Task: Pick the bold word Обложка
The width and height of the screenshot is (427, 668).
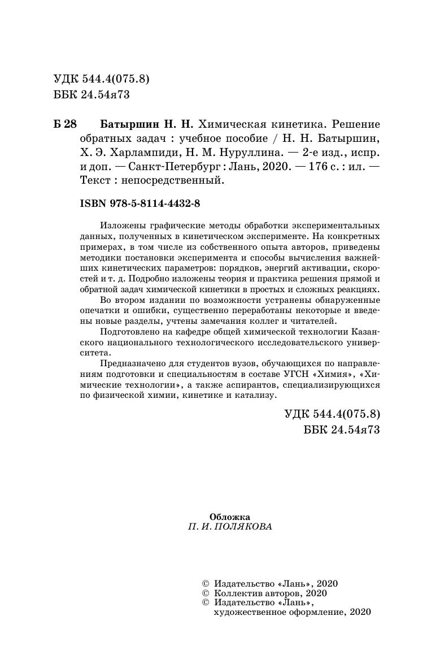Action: click(x=229, y=516)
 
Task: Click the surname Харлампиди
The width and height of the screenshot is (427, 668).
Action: click(x=146, y=153)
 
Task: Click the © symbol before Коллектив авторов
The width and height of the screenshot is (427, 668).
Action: click(x=205, y=593)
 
